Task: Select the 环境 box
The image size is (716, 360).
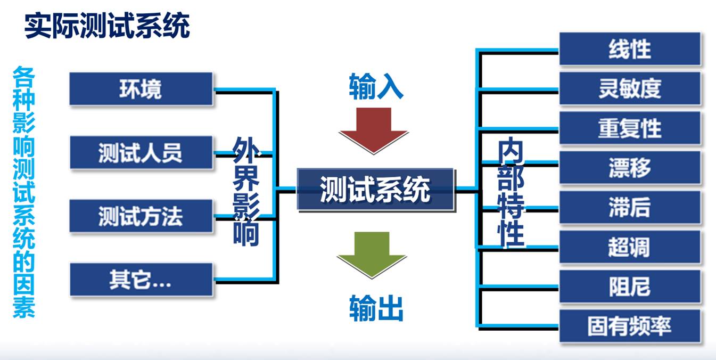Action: point(141,89)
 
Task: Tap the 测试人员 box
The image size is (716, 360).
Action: point(141,153)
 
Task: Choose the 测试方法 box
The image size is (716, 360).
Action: point(141,216)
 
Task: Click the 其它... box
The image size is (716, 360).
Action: point(141,280)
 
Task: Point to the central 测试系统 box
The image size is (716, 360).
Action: point(375,189)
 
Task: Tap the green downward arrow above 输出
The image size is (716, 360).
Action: point(371,253)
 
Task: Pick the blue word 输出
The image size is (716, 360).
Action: point(376,308)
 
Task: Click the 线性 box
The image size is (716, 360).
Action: point(630,49)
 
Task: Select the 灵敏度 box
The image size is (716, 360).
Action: point(630,88)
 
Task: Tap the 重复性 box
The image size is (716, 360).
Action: point(630,128)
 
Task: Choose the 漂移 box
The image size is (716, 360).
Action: point(630,168)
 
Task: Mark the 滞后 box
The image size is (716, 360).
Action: point(630,208)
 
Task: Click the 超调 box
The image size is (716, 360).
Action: point(630,248)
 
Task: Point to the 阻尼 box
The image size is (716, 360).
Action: point(630,287)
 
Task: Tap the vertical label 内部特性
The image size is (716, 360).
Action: point(511,193)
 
